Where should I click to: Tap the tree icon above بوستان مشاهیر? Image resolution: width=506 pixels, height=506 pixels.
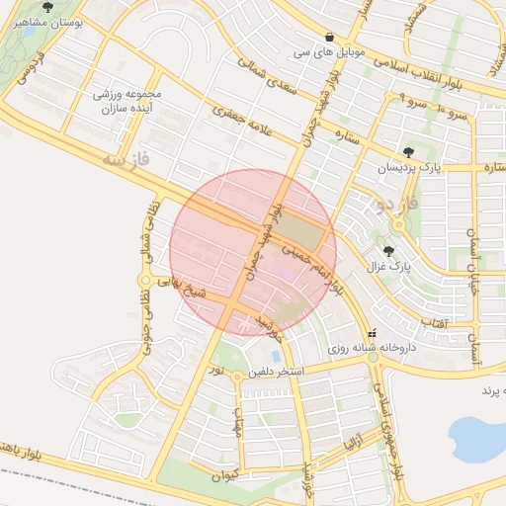tap(47, 6)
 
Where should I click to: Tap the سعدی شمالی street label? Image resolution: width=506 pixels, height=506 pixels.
tap(268, 77)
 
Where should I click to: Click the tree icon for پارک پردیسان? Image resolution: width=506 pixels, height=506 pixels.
tap(409, 152)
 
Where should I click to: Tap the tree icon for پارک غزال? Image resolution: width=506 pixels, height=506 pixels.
tap(388, 251)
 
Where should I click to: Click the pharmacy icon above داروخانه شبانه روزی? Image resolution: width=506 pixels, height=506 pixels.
tap(373, 333)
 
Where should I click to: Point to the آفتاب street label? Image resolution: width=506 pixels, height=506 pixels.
tap(434, 322)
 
